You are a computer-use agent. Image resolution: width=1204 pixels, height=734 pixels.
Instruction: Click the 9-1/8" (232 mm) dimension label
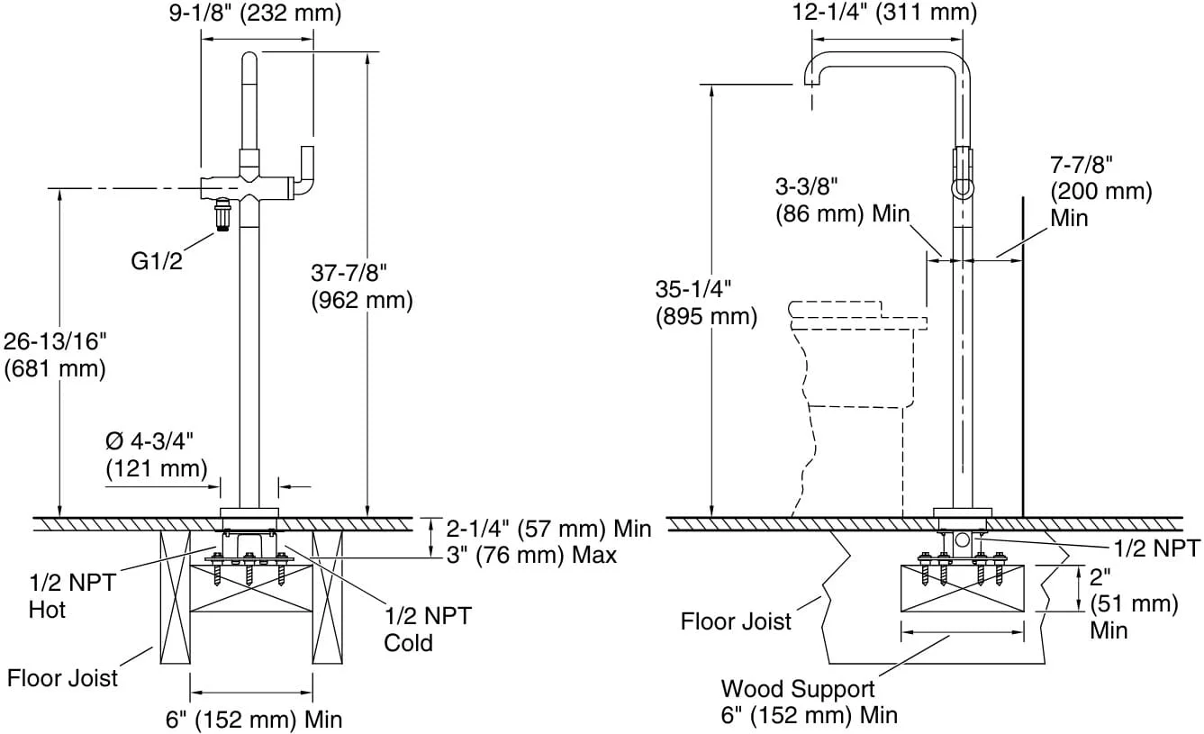tap(255, 13)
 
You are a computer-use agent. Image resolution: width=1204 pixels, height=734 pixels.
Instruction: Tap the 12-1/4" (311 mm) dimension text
tap(884, 12)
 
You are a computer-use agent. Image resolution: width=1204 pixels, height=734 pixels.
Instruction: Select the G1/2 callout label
tap(157, 261)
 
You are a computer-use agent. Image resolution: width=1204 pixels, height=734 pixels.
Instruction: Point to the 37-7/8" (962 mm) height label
tap(362, 286)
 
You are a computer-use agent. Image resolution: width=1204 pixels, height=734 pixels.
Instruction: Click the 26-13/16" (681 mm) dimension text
tap(55, 355)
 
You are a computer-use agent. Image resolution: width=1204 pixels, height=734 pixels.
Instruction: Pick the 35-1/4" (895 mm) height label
tap(706, 303)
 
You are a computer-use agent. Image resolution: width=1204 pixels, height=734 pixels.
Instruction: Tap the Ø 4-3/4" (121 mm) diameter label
tap(157, 455)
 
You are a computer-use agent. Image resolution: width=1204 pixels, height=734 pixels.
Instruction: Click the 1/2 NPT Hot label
tap(72, 596)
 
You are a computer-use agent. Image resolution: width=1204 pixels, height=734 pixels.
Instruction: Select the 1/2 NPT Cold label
tap(428, 630)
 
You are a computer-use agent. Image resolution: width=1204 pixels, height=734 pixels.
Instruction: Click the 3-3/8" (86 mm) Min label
tap(842, 200)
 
